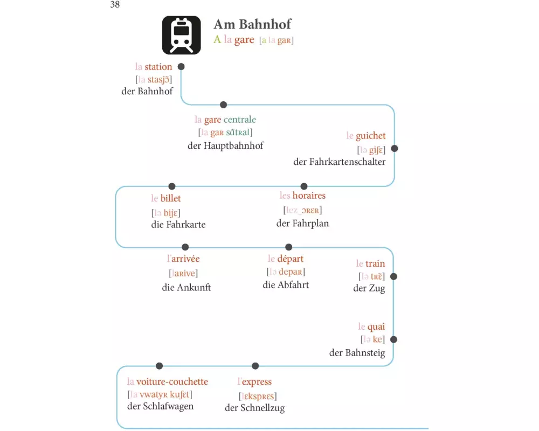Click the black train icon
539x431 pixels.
pyautogui.click(x=182, y=35)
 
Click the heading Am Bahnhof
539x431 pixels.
pyautogui.click(x=252, y=24)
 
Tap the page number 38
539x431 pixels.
pyautogui.click(x=115, y=5)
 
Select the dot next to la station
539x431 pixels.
pyautogui.click(x=181, y=66)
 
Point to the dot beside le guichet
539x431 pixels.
pyautogui.click(x=395, y=148)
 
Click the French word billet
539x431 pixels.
pyautogui.click(x=171, y=198)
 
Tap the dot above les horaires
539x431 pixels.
pyautogui.click(x=304, y=186)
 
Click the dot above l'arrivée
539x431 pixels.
pyautogui.click(x=185, y=247)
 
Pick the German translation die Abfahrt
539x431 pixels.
pyautogui.click(x=286, y=285)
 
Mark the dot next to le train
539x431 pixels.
pyautogui.click(x=393, y=276)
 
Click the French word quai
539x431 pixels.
pyautogui.click(x=376, y=326)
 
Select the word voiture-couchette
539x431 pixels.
pyautogui.click(x=172, y=381)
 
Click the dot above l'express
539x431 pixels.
pyautogui.click(x=255, y=366)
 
